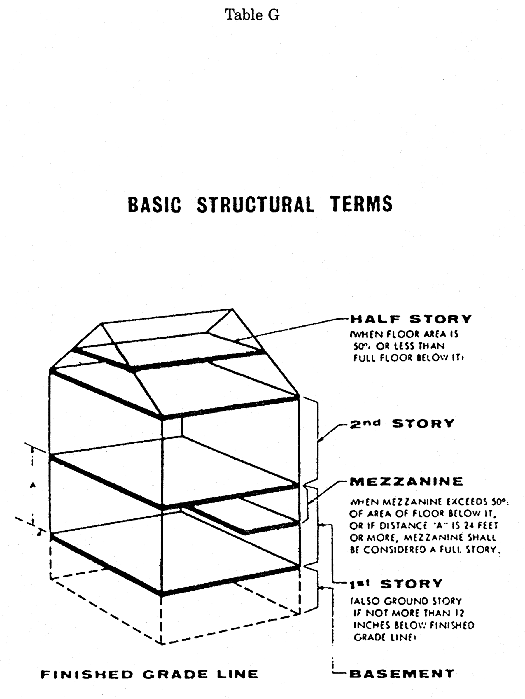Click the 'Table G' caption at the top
[x=252, y=15]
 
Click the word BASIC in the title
[x=154, y=204]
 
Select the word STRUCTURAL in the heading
[x=256, y=204]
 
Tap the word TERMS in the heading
[x=361, y=204]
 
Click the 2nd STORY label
[x=402, y=423]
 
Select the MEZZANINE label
[x=407, y=481]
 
